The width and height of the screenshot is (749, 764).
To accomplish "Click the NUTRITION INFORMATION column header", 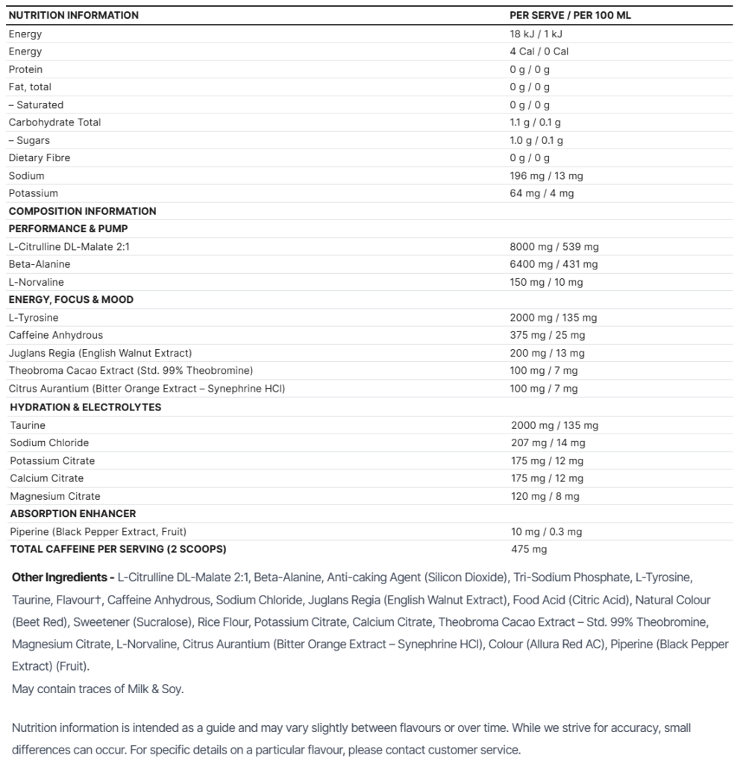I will tap(73, 15).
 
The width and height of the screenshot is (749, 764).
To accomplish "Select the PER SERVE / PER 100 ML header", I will tap(570, 15).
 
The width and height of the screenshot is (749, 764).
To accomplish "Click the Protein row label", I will tap(25, 69).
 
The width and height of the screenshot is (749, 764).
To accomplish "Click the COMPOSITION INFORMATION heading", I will tap(82, 211).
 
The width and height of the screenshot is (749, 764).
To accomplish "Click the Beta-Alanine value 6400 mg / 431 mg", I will tap(554, 264).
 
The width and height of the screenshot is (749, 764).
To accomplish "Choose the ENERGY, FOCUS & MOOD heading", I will tap(71, 300).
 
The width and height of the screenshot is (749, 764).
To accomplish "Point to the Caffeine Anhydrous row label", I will tap(56, 336).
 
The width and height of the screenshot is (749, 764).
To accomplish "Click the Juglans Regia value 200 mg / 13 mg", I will tap(547, 354).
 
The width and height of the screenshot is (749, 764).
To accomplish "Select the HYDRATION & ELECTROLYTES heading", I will tap(85, 407).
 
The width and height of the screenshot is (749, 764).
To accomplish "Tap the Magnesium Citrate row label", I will tap(55, 496).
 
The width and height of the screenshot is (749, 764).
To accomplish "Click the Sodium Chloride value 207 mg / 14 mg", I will tap(548, 443).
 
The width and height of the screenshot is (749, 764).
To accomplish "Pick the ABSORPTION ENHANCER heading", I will tap(72, 514).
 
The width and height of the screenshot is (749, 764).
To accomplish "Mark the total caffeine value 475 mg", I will tap(528, 550).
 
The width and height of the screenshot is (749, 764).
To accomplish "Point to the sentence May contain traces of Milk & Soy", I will tap(98, 689).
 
